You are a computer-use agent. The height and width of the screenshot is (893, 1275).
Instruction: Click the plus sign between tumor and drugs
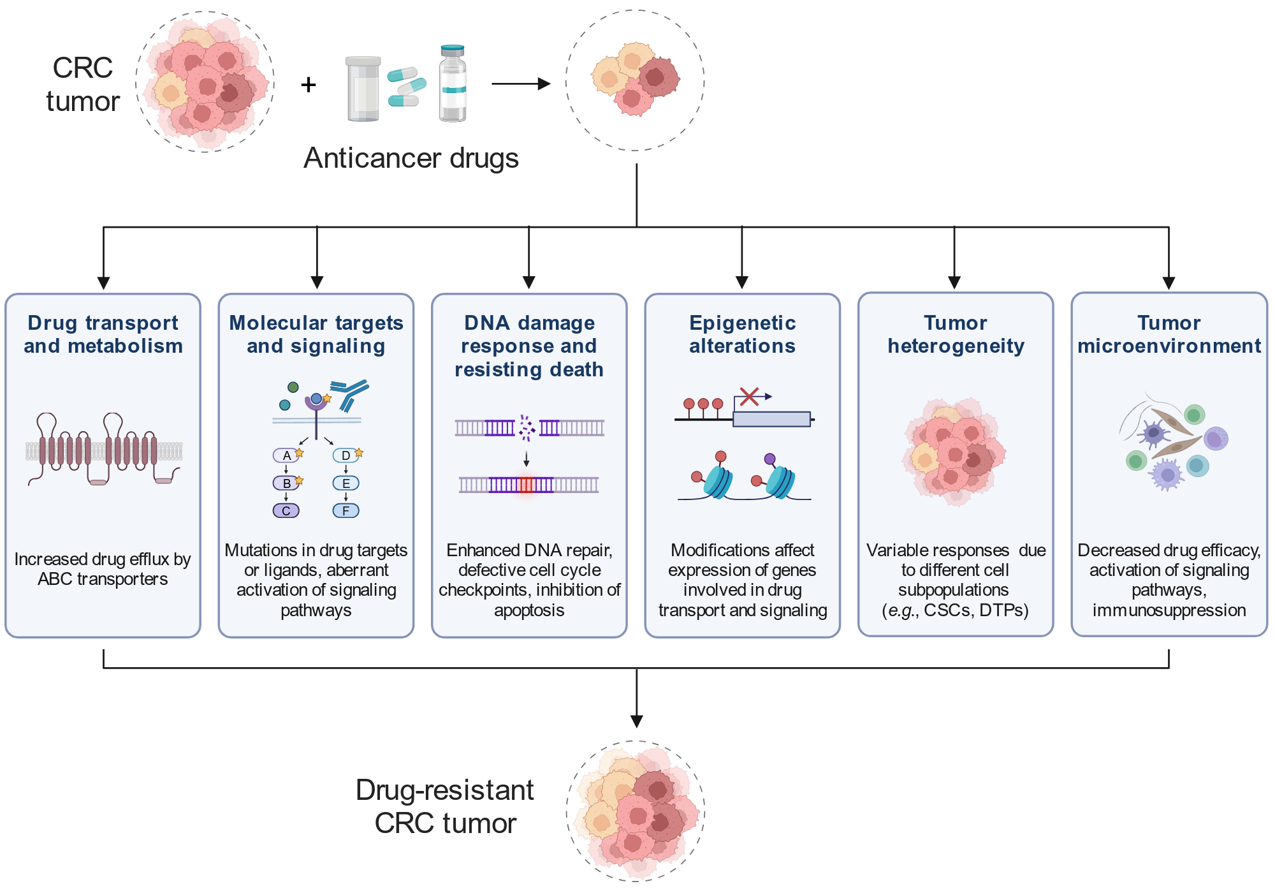309,84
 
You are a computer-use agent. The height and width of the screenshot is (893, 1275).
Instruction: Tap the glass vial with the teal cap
453,83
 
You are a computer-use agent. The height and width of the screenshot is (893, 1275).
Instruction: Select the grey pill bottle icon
363,89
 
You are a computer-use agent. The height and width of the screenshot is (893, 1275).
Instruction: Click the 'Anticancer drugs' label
411,158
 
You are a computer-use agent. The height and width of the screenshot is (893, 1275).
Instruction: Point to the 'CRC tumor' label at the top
83,84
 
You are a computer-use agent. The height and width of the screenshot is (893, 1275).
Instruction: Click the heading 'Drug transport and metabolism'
103,334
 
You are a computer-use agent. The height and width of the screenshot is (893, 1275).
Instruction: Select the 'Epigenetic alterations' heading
743,334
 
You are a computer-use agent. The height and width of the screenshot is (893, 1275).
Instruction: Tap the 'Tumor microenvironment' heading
1169,334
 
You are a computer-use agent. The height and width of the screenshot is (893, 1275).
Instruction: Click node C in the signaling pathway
286,511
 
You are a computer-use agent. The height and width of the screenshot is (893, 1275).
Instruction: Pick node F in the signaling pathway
346,511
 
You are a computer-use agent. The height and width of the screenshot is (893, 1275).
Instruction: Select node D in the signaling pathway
346,455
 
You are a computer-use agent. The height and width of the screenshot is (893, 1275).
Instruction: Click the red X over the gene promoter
749,397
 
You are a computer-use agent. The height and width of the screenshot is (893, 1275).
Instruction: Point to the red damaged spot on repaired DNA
526,485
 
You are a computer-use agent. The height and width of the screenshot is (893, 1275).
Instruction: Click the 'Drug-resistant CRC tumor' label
445,806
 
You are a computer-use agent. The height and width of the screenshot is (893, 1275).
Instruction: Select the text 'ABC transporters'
103,579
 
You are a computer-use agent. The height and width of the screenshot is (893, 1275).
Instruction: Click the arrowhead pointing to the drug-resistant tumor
636,721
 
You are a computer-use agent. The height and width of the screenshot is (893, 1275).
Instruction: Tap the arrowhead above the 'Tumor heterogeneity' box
954,282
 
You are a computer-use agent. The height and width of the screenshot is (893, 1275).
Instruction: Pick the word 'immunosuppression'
1169,610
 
